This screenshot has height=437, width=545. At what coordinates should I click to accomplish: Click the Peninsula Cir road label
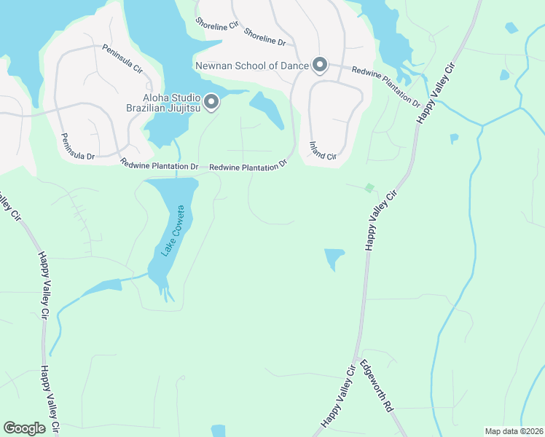click(x=123, y=60)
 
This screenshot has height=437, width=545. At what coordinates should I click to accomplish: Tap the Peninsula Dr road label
click(x=78, y=146)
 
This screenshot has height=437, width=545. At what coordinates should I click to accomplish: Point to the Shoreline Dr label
click(x=264, y=38)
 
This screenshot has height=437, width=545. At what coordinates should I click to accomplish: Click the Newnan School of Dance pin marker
click(x=319, y=66)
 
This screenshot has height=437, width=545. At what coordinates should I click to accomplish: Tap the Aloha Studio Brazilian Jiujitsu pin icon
click(x=211, y=103)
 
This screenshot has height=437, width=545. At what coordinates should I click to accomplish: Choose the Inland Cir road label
click(x=323, y=151)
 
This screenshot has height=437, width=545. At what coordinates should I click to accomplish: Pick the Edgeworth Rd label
click(x=377, y=387)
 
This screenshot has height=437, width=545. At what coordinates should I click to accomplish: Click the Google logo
click(x=24, y=428)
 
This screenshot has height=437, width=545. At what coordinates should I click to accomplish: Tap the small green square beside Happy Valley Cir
click(x=369, y=188)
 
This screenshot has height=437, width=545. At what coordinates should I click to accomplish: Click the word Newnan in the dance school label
click(x=216, y=66)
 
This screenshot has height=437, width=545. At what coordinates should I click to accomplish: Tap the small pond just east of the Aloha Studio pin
click(x=267, y=109)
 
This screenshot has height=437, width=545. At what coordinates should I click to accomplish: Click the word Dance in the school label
click(x=292, y=66)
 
